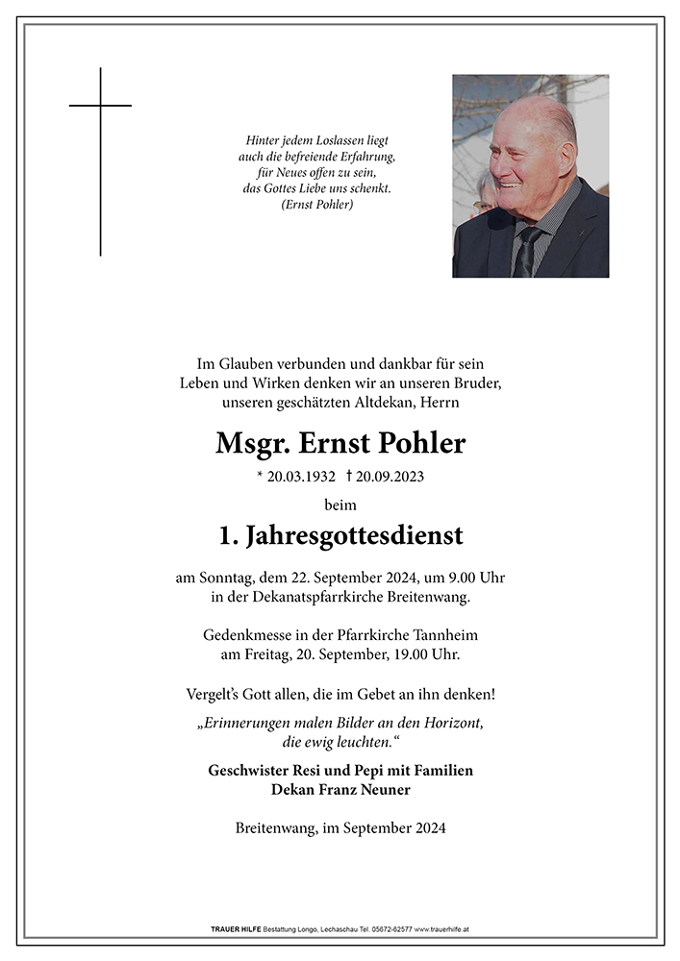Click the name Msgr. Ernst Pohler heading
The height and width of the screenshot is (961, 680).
click(340, 443)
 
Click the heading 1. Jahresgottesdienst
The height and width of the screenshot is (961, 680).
click(340, 535)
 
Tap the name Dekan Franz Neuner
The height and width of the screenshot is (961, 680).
click(340, 789)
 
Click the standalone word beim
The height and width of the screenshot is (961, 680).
click(340, 505)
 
